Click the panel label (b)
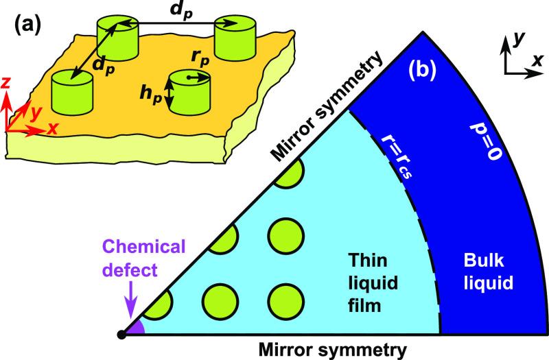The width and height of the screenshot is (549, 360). coord(422,69)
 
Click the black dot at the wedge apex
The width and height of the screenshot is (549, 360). coord(121,334)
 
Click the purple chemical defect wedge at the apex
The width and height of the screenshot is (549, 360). coord(135,328)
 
